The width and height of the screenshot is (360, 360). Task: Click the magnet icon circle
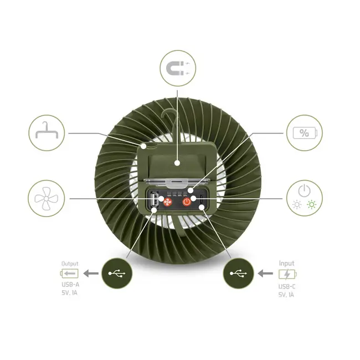coord(178,69)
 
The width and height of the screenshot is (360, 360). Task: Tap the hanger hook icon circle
coord(47,133)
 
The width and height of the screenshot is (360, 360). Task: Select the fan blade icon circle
coord(47,198)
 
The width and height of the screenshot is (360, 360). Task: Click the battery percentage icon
coord(304,133)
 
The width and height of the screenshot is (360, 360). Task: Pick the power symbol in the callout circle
coord(303,190)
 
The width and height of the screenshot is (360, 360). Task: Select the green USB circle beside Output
coord(117,272)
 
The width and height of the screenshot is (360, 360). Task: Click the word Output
coord(69,264)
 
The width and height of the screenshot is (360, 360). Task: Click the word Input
coord(287,264)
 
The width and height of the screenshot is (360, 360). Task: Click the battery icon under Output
coord(69,273)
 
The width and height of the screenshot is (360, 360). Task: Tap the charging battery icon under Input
coord(287,274)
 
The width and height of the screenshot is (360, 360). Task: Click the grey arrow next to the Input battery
coord(265,274)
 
